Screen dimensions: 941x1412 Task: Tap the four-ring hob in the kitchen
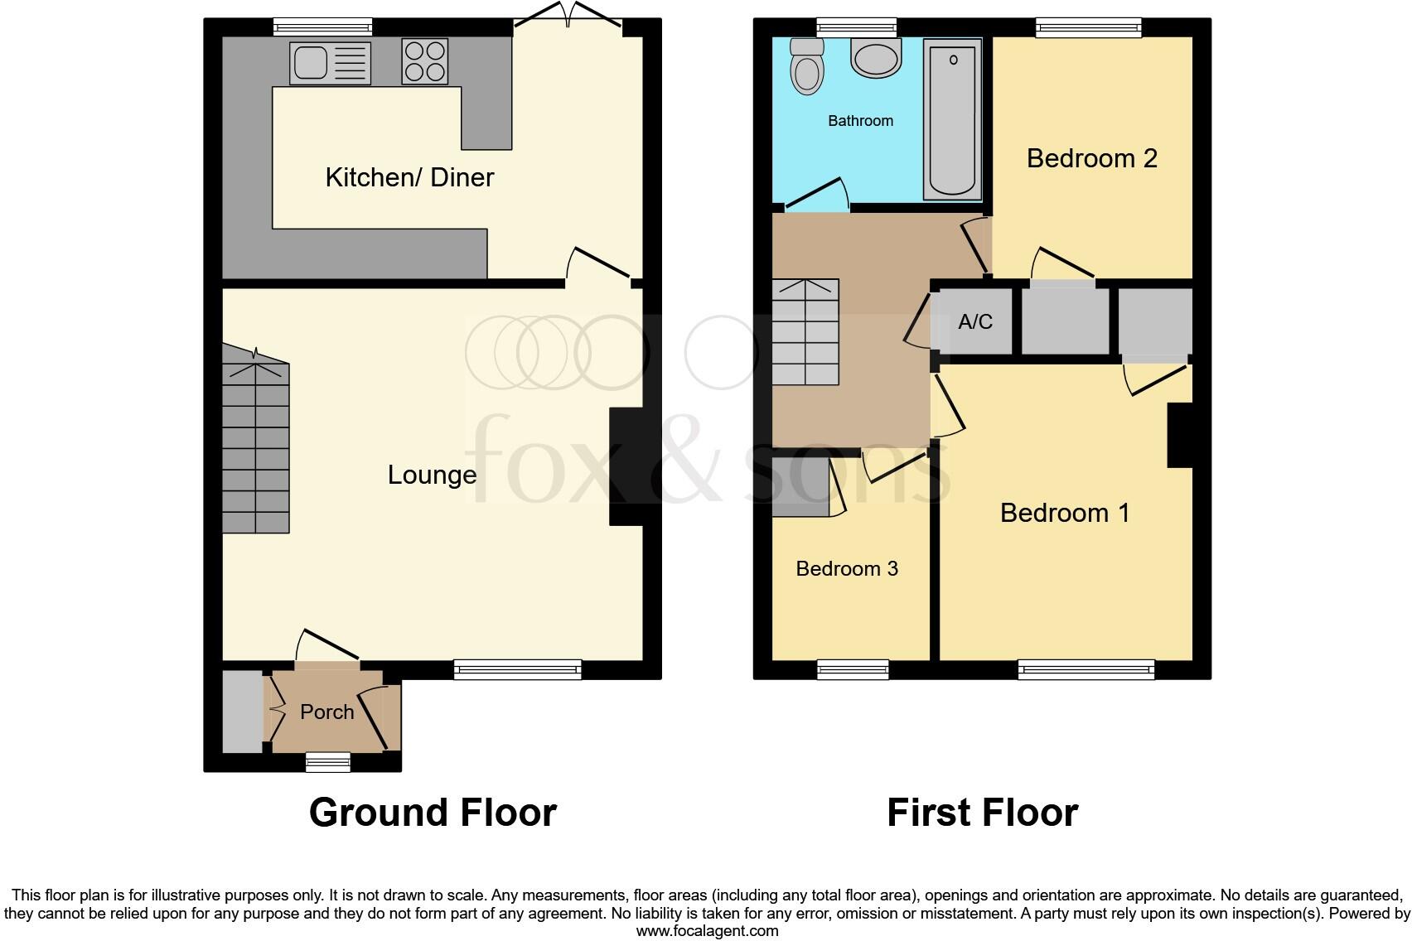tap(425, 61)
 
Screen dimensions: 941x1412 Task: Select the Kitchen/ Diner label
tap(409, 177)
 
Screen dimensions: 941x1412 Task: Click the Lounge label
tap(432, 475)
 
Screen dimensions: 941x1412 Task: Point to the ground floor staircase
tap(255, 447)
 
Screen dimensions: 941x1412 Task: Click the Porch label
tap(326, 712)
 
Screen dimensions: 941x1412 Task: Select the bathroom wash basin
tap(876, 60)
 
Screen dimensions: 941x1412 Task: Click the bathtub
tap(952, 120)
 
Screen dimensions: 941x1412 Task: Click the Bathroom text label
tap(860, 121)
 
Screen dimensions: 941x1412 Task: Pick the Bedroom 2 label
tap(1091, 158)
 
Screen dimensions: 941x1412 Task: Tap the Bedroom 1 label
tap(1065, 513)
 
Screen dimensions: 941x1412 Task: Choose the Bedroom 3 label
tap(846, 568)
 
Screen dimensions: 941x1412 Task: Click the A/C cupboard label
tap(974, 321)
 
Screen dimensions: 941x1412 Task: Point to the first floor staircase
tap(805, 332)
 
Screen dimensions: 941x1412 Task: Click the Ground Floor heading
tap(432, 813)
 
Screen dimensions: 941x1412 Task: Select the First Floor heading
tap(982, 813)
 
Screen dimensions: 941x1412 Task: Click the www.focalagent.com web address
tap(706, 931)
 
